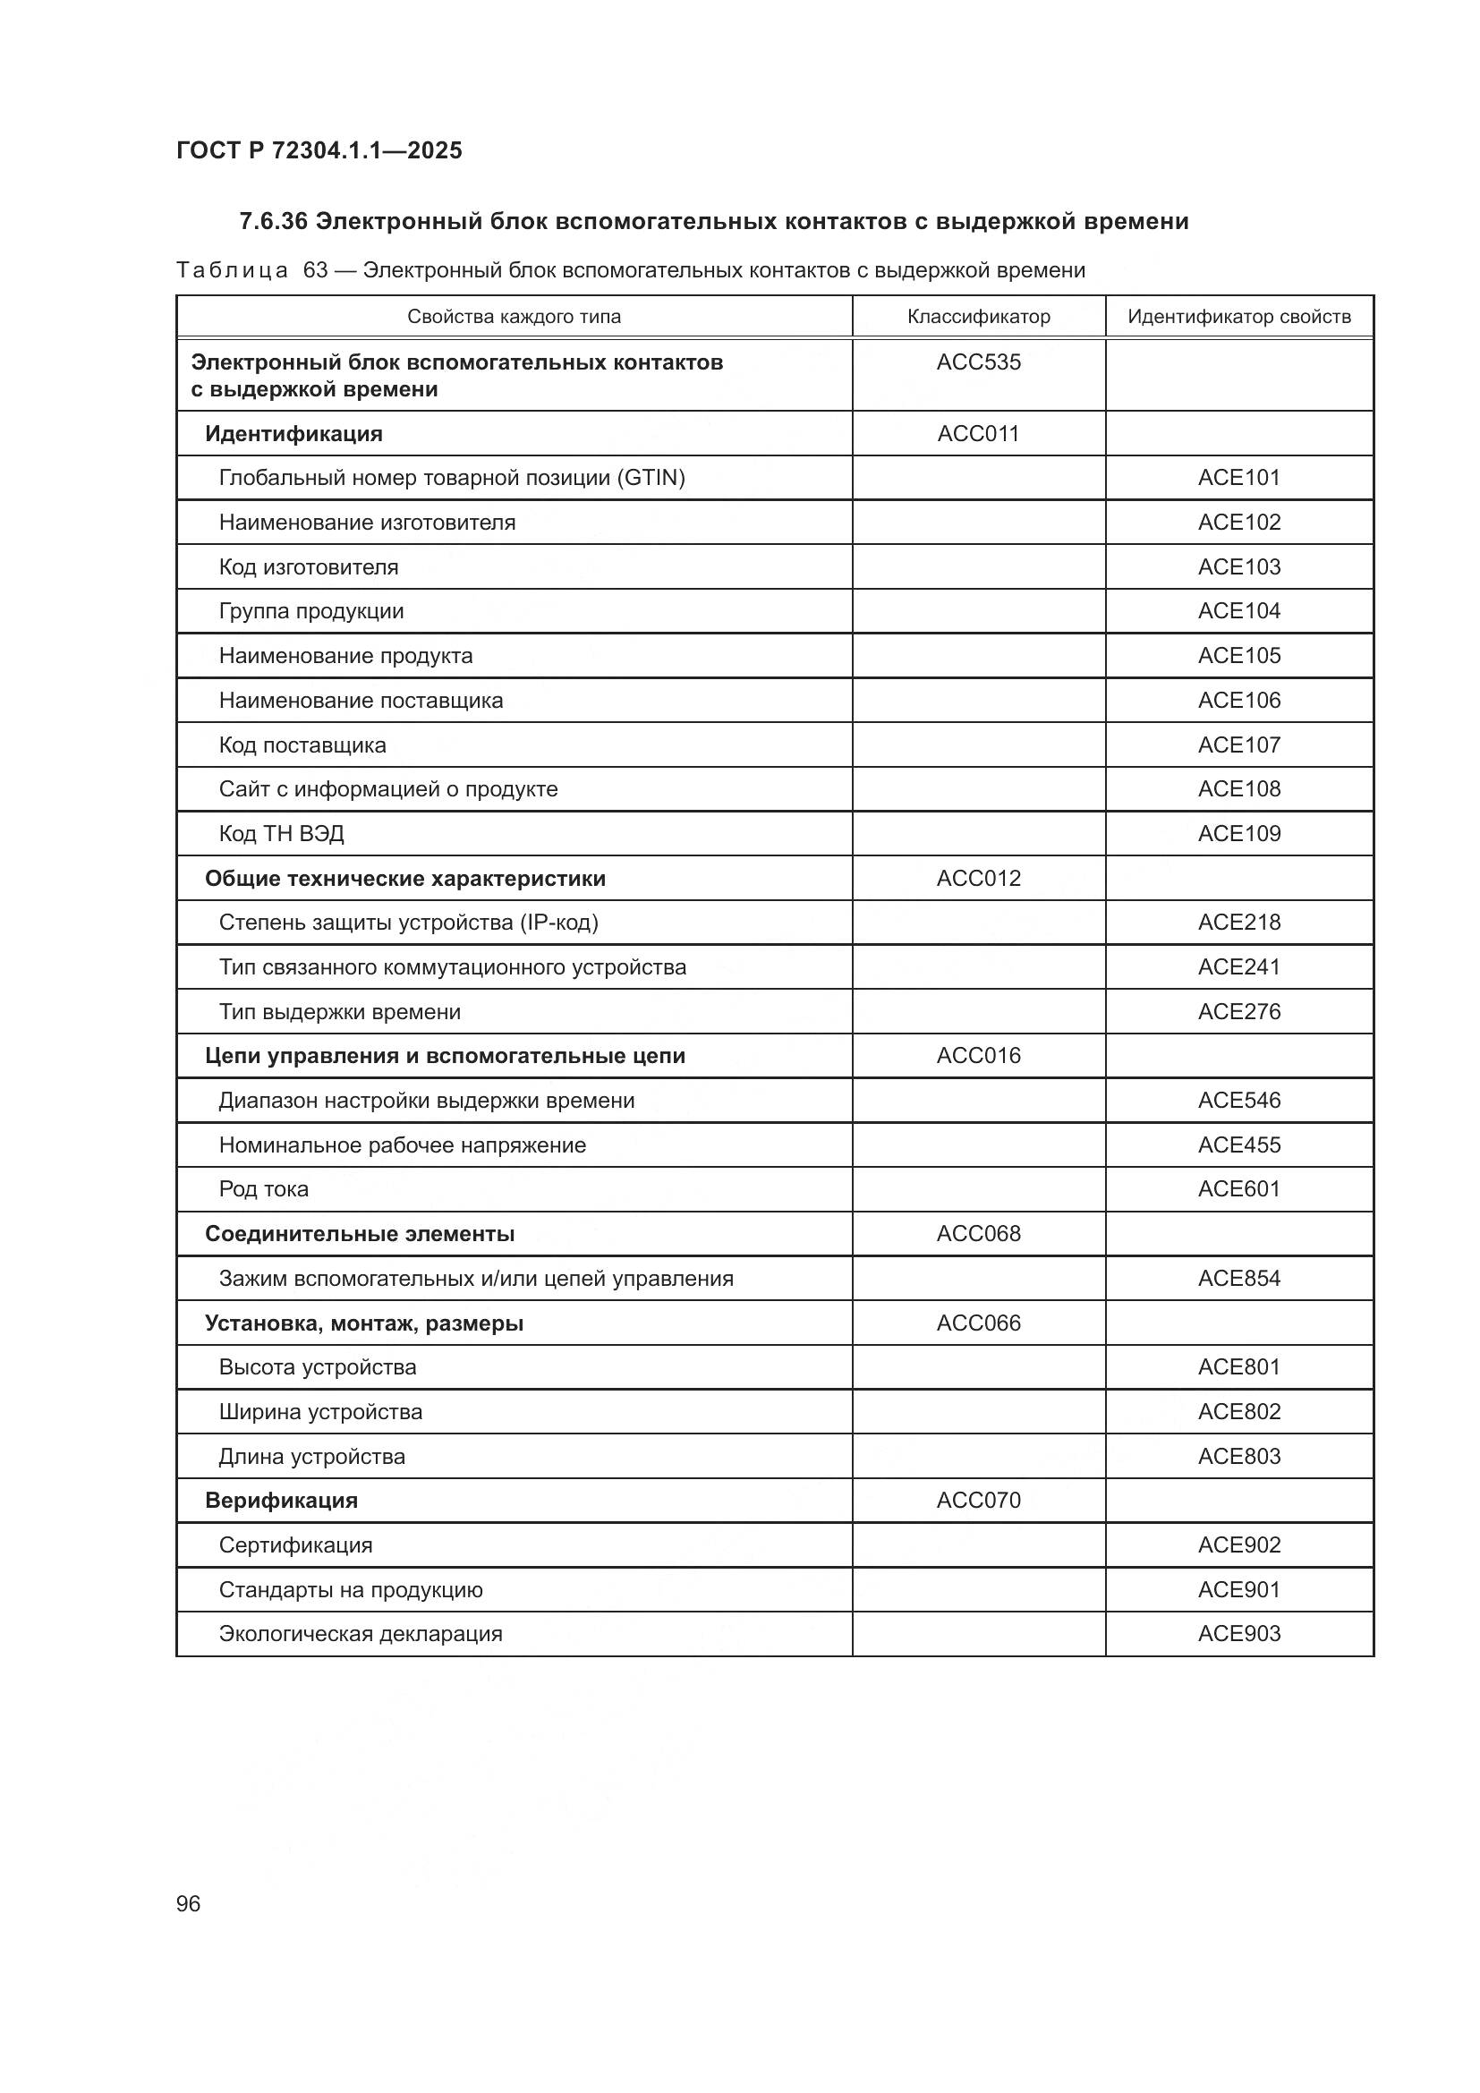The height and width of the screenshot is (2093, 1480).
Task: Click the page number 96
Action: [x=188, y=1903]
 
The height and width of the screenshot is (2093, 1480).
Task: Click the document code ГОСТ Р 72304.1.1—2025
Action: [x=319, y=150]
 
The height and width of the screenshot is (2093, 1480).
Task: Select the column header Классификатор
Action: [x=978, y=316]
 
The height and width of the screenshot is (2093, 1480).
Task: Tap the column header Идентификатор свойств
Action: [x=1238, y=316]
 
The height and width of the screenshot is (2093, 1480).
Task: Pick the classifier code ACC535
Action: [x=978, y=362]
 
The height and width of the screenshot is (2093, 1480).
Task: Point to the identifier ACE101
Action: [x=1238, y=478]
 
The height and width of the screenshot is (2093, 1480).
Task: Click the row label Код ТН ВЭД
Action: [x=281, y=834]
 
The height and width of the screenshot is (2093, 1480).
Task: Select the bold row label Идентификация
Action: [x=293, y=434]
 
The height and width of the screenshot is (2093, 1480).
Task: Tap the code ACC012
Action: [x=978, y=878]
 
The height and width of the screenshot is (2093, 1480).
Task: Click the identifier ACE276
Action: [x=1238, y=1012]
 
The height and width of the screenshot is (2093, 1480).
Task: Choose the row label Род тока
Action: [x=263, y=1189]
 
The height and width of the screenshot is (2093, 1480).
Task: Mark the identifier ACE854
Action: [x=1238, y=1278]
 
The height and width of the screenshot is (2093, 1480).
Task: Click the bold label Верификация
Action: [x=281, y=1501]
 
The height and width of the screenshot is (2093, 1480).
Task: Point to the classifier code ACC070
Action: [x=978, y=1501]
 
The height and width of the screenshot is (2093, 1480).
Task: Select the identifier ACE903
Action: [x=1238, y=1634]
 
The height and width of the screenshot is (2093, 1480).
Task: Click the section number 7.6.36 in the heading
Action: [x=273, y=222]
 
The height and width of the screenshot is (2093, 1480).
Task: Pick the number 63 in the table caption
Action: [x=315, y=271]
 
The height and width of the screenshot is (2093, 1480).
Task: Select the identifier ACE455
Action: [x=1238, y=1145]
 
